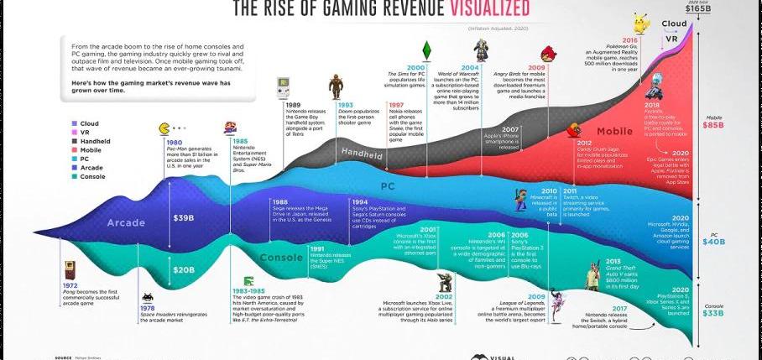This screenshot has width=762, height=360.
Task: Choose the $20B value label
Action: point(184,270)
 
